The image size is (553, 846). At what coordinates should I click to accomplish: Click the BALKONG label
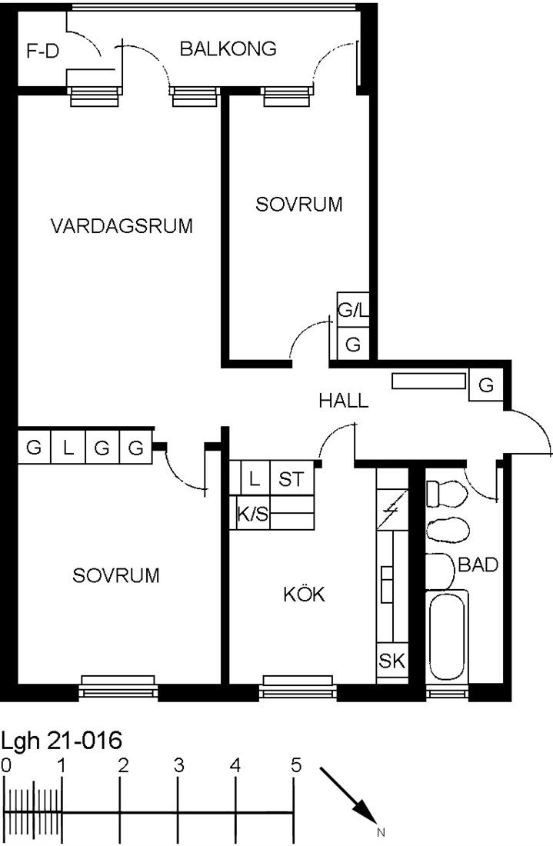228,48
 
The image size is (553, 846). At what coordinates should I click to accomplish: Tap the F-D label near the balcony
42,52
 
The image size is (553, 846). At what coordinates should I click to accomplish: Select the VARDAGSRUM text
122,225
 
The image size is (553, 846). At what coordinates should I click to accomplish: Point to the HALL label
344,401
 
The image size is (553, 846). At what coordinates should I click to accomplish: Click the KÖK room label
305,594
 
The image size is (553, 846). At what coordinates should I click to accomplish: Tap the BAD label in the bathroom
478,565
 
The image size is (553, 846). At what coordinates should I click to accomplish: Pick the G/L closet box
353,310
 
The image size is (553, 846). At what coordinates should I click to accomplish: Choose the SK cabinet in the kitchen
391,661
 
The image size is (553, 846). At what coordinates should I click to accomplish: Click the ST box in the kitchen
291,478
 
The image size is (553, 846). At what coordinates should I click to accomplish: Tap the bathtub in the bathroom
447,636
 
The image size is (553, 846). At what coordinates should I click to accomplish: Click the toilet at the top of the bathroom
446,494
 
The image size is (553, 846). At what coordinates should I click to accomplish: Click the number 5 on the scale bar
295,765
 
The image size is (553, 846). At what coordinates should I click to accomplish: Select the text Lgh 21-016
62,740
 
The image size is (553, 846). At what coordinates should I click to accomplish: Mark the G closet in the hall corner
486,385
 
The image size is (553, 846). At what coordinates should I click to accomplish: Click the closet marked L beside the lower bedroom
68,448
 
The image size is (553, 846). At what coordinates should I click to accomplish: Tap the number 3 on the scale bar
179,765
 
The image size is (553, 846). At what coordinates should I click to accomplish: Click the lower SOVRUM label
116,575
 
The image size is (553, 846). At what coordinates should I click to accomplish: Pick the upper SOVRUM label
299,204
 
